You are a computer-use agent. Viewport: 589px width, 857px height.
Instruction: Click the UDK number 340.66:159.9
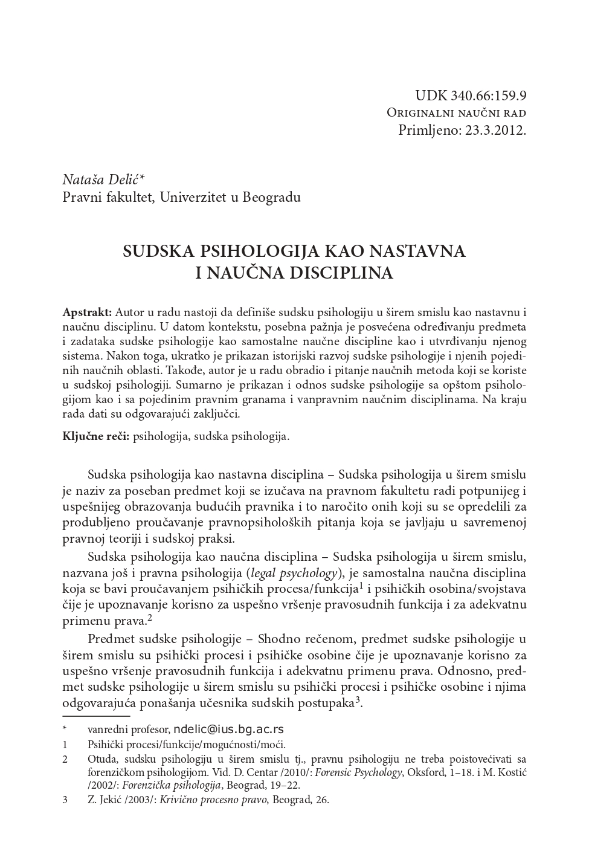487,96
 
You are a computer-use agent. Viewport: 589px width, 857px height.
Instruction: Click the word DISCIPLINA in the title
341,273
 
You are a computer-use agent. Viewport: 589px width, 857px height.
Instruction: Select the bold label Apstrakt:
87,312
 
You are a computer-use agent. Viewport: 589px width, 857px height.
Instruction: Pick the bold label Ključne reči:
96,436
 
